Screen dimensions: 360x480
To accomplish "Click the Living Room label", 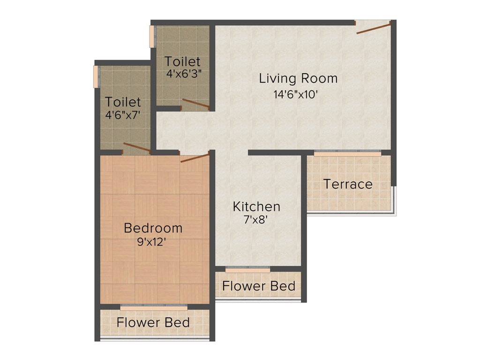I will tap(298, 78).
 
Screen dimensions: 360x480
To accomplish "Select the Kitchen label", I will tap(257, 206).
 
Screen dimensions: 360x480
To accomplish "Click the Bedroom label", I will tap(153, 228).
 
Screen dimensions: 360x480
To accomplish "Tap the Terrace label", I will tap(348, 184).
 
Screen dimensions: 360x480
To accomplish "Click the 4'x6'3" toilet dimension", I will tap(184, 74).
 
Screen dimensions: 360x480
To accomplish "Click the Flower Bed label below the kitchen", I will tap(259, 286).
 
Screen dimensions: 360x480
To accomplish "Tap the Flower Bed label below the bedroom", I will tap(153, 322).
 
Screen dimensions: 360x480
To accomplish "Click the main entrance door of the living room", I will tap(374, 28).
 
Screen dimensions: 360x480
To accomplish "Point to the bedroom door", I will tap(195, 157).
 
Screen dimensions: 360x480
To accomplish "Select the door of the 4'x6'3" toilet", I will tap(196, 105).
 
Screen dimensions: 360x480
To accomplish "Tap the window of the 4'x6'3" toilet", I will tap(152, 36).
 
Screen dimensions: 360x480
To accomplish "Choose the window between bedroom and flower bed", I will tap(154, 307).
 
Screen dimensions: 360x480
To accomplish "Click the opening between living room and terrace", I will tap(347, 152).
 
